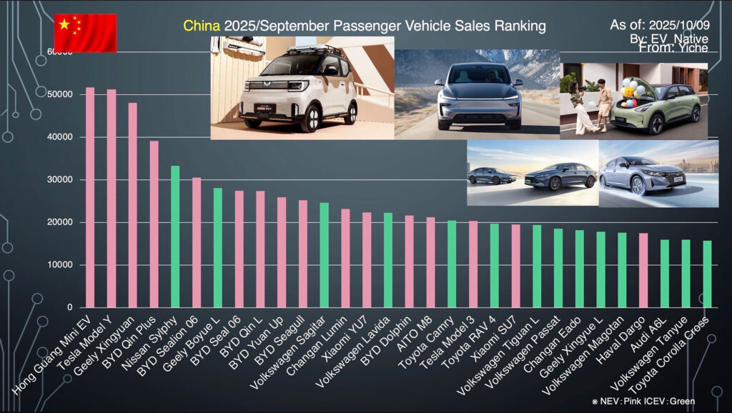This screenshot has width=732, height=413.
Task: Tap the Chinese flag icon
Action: tap(85, 33)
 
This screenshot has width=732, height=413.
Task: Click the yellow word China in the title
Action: tap(202, 26)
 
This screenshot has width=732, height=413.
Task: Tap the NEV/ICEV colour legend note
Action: tap(643, 402)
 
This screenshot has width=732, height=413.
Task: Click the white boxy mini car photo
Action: tap(302, 88)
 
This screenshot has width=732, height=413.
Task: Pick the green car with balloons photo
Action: tap(633, 101)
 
